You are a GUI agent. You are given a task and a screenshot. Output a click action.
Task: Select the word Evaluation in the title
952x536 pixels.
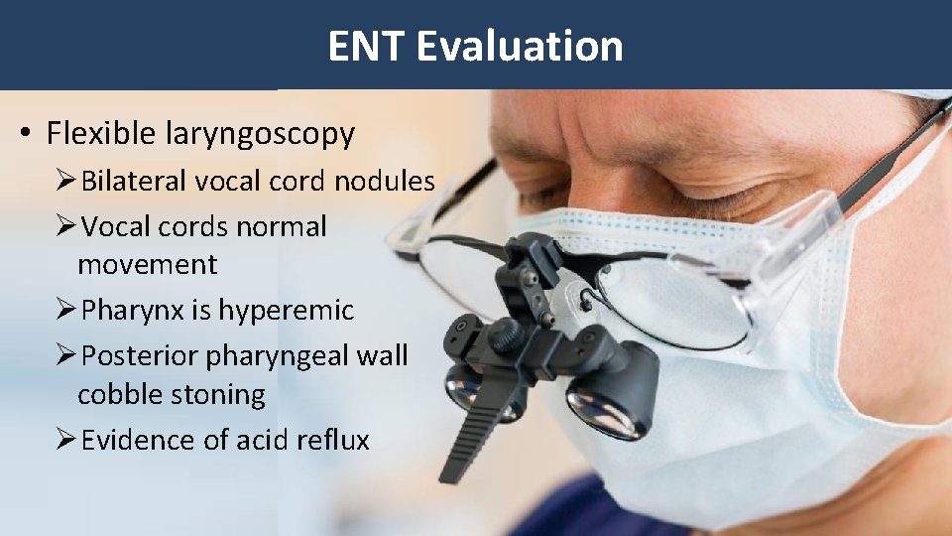point(520,46)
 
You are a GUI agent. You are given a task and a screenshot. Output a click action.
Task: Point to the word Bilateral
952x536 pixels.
point(135,181)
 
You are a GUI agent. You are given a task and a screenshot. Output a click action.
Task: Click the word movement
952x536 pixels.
point(147,265)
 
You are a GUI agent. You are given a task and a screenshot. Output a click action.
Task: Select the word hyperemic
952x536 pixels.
point(286,311)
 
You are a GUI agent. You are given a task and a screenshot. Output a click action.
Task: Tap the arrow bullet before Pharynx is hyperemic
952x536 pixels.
point(65,311)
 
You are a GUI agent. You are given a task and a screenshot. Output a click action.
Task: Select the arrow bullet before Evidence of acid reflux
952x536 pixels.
point(65,440)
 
